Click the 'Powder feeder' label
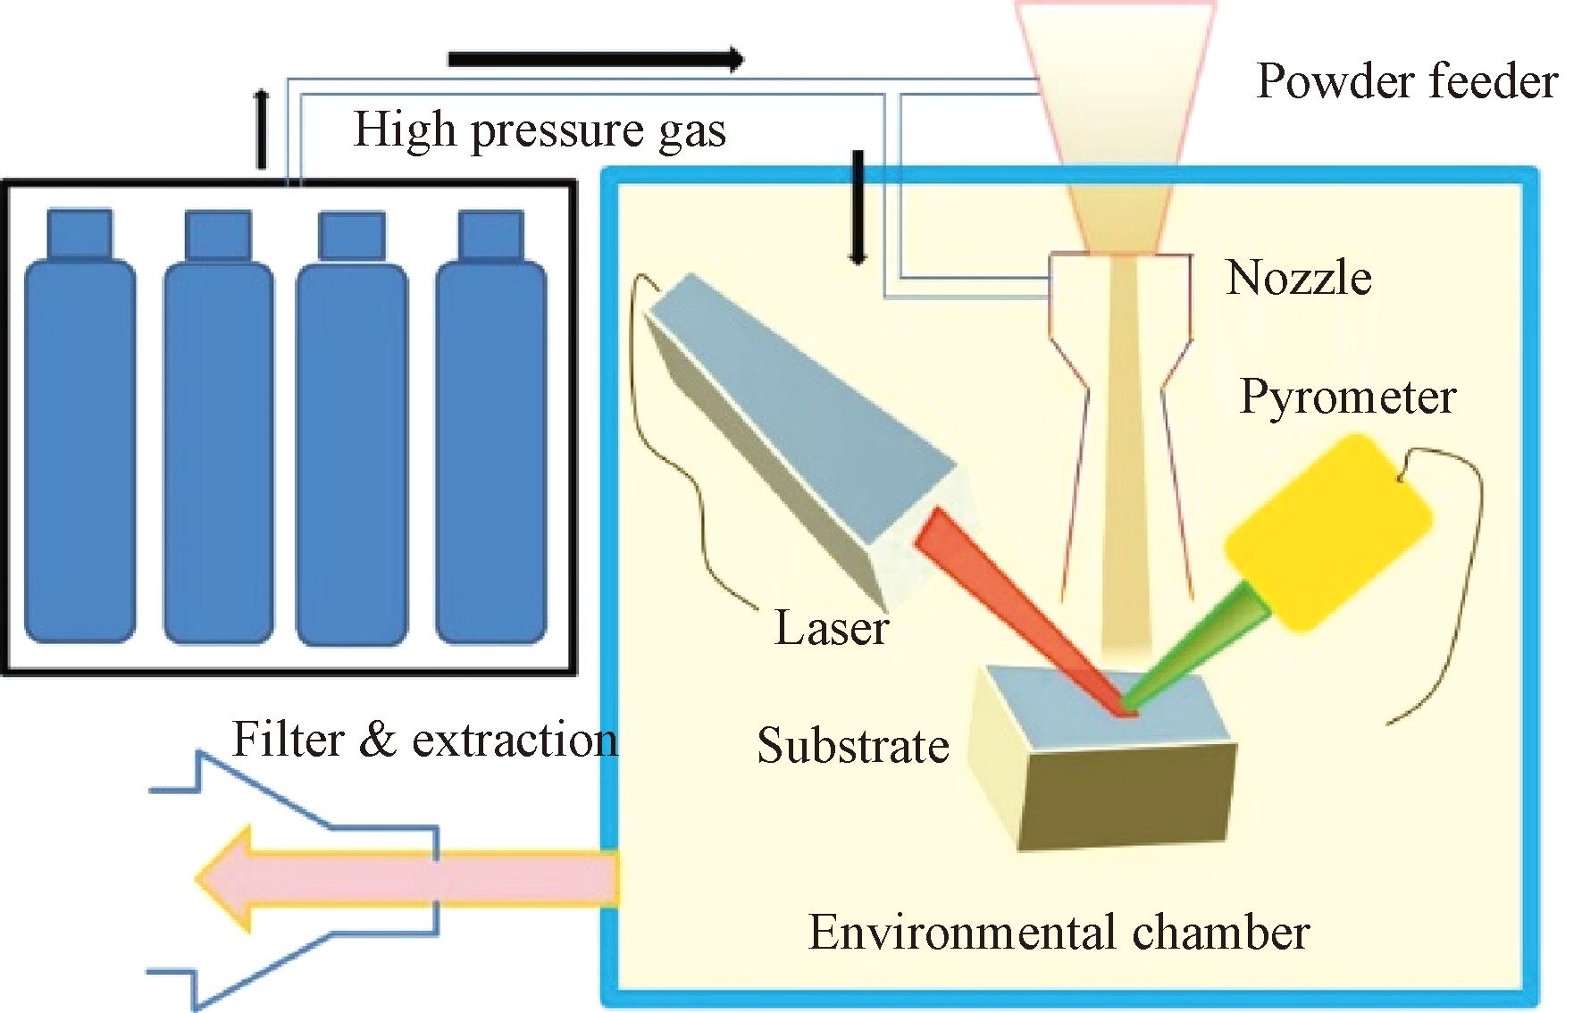(1406, 81)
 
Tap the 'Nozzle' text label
(1298, 278)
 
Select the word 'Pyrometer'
(1347, 397)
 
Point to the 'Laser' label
(831, 628)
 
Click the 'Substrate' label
(852, 746)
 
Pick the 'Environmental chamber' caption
(1059, 933)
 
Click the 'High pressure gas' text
(540, 130)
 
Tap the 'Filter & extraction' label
(424, 740)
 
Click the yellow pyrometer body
(1327, 531)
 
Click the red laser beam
(1018, 607)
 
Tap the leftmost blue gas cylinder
(80, 447)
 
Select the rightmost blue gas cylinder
(490, 447)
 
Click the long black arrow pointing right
(594, 60)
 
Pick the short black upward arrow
(261, 130)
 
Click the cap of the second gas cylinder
(217, 235)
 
